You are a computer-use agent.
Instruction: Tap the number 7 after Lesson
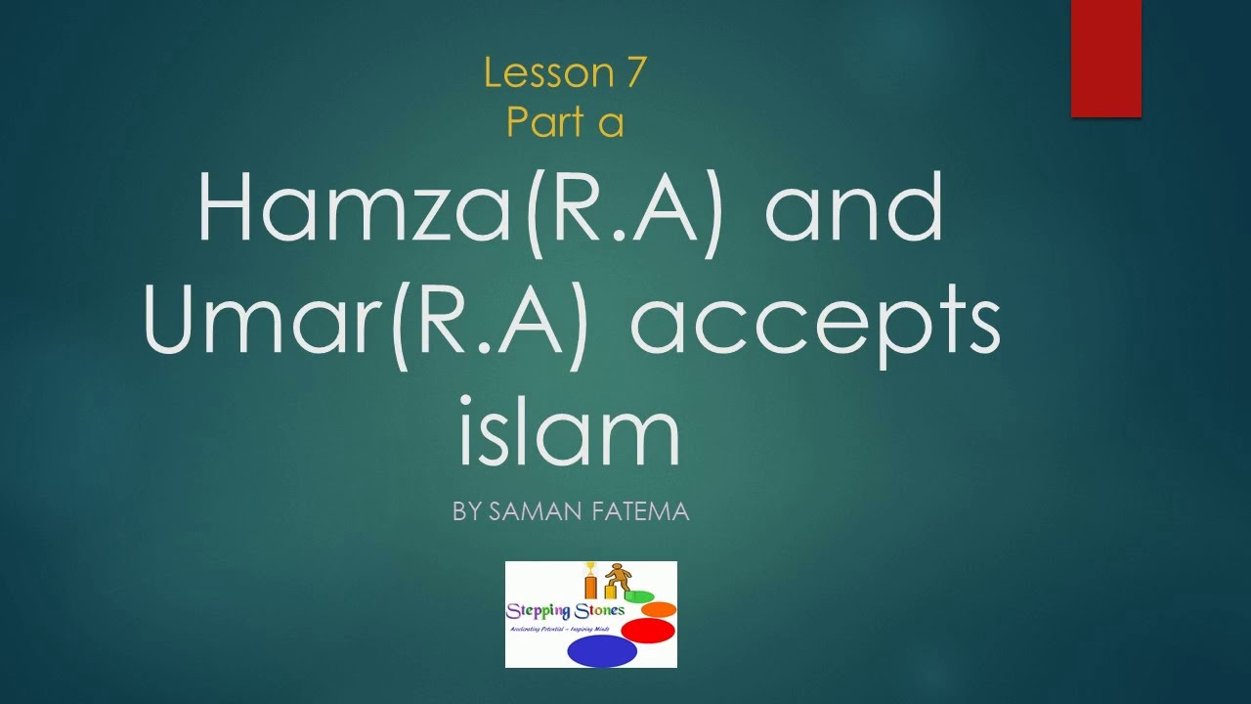pos(631,73)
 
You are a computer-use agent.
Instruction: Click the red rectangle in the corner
pos(1105,59)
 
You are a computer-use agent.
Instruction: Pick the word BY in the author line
pos(465,510)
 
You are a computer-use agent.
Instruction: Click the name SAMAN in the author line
pos(534,510)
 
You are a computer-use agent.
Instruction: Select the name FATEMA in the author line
pos(640,510)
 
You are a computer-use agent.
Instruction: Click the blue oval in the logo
pos(601,650)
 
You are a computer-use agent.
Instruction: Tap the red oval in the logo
pos(648,631)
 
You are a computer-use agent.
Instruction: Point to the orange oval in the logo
pos(659,609)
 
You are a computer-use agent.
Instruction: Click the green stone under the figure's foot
pos(639,596)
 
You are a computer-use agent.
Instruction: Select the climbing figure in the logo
pos(616,577)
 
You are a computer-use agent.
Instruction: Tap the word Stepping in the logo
pos(536,611)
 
